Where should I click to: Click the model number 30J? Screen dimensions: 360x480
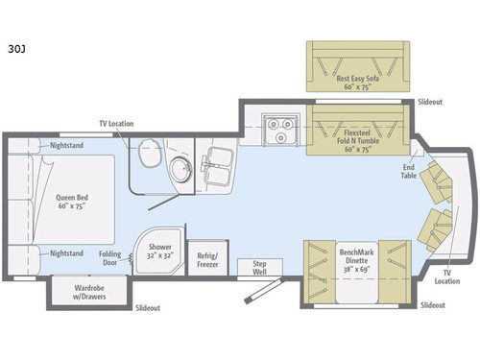[x=17, y=44]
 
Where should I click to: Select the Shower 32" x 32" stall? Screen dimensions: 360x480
[x=159, y=252]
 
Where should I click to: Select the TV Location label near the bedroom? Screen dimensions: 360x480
[x=116, y=123]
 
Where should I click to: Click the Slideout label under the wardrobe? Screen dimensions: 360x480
[x=148, y=308]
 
